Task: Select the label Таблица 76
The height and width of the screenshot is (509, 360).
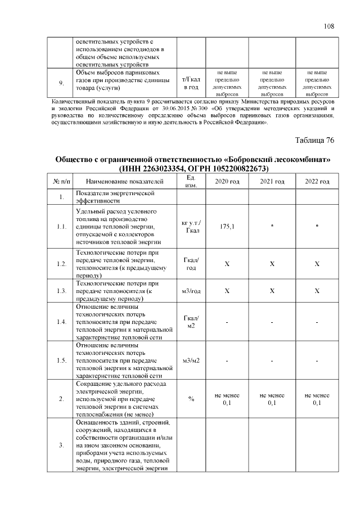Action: coord(314,140)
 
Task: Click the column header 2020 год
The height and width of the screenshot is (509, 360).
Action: coord(227,181)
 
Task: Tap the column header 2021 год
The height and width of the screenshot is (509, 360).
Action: coord(272,181)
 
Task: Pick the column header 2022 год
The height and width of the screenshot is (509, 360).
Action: coord(317,181)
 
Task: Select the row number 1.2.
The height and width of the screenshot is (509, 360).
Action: coord(61,264)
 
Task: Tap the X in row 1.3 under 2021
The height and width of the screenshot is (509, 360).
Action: coord(272,291)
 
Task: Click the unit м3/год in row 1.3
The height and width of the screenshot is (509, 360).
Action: coord(191,291)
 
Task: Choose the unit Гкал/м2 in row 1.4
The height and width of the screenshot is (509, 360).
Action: coord(191,322)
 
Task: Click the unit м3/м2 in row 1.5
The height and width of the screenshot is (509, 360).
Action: coord(191,360)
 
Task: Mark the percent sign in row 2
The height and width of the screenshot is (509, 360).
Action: coord(191,399)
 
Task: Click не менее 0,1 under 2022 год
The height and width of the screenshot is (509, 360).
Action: coord(317,399)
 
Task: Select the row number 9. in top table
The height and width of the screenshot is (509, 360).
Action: coord(61,83)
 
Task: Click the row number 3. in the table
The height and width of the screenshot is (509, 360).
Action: coord(61,445)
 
